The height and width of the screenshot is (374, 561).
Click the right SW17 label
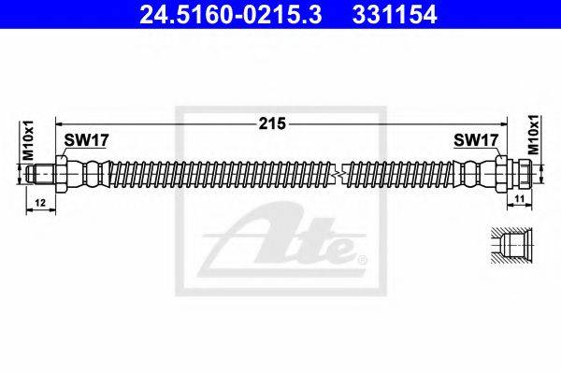point(474,140)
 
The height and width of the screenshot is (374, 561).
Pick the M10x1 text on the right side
point(533,136)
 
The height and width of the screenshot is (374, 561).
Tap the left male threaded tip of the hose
point(37,173)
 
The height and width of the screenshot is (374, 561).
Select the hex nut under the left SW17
point(62,173)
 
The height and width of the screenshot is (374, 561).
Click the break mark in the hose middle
point(345,173)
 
